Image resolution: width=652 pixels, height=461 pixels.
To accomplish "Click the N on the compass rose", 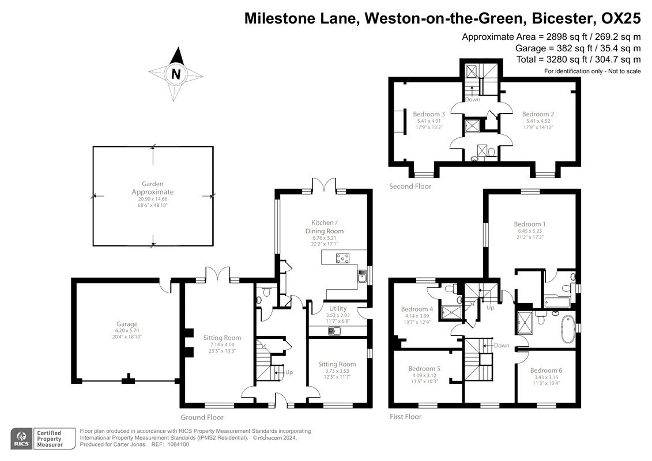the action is coord(176,74).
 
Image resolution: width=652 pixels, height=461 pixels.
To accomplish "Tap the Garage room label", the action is coord(127,324).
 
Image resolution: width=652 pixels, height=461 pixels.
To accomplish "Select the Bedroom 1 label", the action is coord(530,224).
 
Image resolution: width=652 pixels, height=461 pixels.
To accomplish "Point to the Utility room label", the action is coord(338,308).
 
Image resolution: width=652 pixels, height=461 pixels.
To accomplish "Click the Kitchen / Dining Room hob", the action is coord(342,258).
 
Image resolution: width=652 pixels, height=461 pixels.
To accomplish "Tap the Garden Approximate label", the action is coord(153,188).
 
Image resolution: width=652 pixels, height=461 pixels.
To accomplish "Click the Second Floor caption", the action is coord(410,186).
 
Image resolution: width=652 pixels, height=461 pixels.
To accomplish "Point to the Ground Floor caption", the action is coord(202,417).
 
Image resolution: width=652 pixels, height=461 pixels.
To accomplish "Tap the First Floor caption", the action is coord(405,417).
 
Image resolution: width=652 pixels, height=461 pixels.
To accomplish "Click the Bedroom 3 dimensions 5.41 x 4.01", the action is coord(429,121).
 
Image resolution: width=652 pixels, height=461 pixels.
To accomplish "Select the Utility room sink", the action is coord(334,331).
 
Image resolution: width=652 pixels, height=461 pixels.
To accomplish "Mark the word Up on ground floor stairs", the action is coord(289,372).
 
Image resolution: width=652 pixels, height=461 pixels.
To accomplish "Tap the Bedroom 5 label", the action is coord(424,369).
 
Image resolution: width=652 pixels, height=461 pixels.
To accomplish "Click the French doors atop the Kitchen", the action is coord(324,185).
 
